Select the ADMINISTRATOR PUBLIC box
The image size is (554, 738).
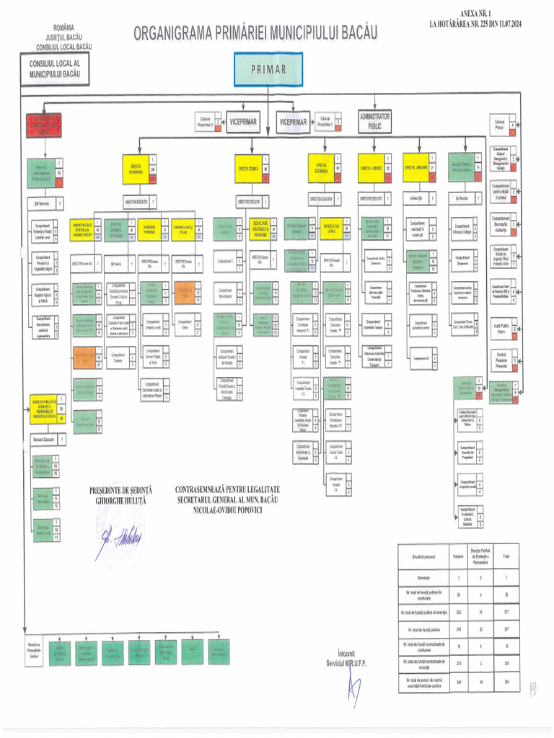374,120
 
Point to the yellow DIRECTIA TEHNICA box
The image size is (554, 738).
248,168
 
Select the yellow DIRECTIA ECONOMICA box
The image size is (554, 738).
321,168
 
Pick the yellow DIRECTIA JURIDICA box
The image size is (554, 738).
371,167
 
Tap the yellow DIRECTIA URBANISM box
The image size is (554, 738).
418,167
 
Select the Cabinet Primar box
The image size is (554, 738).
499,125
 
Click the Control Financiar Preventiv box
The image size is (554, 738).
501,360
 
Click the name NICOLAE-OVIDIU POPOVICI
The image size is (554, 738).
226,509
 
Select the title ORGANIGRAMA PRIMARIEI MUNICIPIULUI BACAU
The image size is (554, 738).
255,32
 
